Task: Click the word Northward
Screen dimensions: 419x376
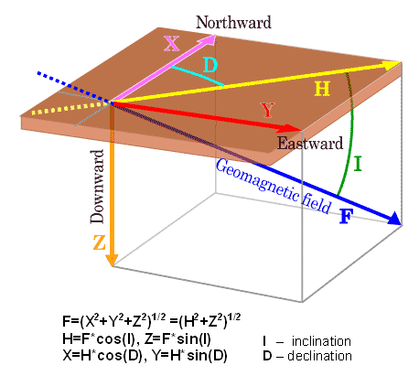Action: (x=233, y=23)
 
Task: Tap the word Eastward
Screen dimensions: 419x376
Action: (x=310, y=144)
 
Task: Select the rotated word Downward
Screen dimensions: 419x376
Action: (x=98, y=187)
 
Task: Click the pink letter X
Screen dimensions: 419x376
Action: (x=171, y=43)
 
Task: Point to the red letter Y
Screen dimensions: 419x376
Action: (x=268, y=111)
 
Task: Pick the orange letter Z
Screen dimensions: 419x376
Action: (x=100, y=243)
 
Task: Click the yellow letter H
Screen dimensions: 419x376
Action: (x=322, y=90)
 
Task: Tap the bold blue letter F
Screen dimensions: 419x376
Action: (x=346, y=217)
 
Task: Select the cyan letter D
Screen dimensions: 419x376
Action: (x=210, y=65)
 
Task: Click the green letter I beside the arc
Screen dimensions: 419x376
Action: (x=358, y=164)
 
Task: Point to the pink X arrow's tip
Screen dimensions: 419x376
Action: (x=215, y=36)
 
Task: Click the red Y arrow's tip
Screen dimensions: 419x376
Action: (x=301, y=131)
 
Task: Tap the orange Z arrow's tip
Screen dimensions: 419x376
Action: (x=112, y=266)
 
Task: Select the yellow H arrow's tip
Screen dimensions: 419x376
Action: (x=401, y=62)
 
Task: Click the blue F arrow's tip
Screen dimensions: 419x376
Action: (x=401, y=224)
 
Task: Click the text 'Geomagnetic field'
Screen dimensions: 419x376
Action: (x=274, y=187)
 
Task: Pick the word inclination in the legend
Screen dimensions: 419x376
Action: (x=321, y=341)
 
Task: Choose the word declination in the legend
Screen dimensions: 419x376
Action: (x=319, y=356)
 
